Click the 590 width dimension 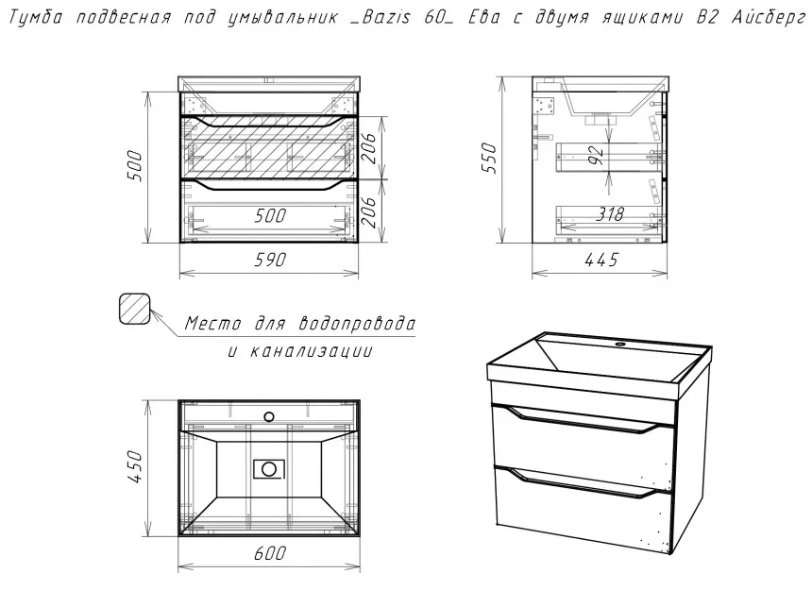tap(270, 260)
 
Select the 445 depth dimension tap(601, 260)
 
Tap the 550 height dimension tap(489, 159)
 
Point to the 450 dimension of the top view tap(135, 466)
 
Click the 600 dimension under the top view tap(270, 553)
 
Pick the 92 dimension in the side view tap(597, 155)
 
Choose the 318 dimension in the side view tap(610, 213)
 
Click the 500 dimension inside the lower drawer tap(270, 215)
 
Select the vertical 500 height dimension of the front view tap(135, 165)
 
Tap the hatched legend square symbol tap(135, 309)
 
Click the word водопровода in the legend tap(357, 324)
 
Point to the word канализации tap(311, 351)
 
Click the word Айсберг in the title tap(769, 18)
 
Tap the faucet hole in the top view tap(269, 416)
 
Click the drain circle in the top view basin tap(269, 469)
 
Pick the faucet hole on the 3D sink tap(620, 344)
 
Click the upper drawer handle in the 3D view tap(579, 420)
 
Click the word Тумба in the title tap(36, 18)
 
